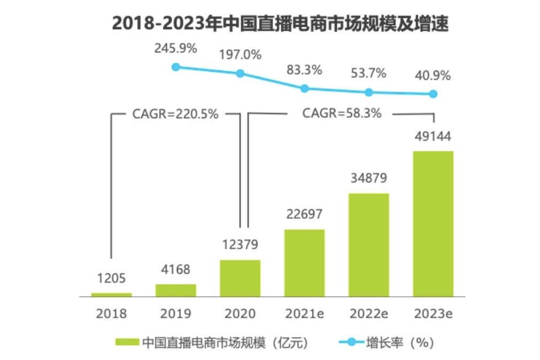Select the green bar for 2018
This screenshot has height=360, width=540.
coord(111,294)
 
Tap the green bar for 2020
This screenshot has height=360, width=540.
coord(240,278)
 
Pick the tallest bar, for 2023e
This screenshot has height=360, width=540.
coord(433,224)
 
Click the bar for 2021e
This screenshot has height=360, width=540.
coord(304,263)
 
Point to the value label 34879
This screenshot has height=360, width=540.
coord(368,178)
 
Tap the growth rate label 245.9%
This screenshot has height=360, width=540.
coord(176,48)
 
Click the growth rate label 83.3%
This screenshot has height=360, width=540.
coord(304,70)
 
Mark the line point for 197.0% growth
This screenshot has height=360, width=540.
coord(240,73)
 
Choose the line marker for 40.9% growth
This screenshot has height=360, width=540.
coord(433,94)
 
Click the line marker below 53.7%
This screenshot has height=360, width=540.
coord(368,92)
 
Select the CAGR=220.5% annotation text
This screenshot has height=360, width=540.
coord(175,114)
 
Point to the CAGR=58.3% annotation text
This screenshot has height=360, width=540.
coord(342,113)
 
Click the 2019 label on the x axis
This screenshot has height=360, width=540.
coord(176,313)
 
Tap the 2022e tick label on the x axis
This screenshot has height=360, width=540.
coord(368,313)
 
